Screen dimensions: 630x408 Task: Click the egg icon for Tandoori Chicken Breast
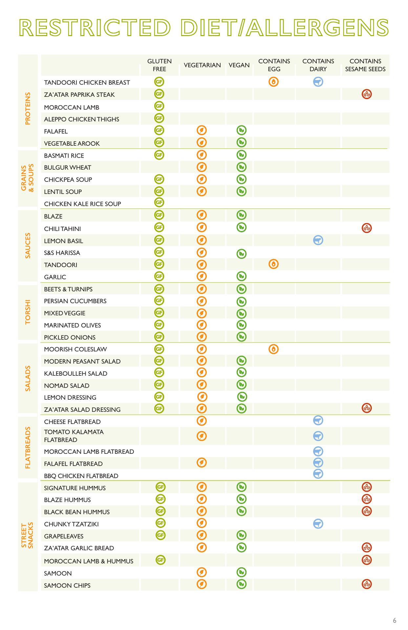tap(273, 82)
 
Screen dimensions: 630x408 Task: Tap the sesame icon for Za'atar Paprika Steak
tap(367, 94)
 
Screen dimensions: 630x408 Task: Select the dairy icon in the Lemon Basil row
tap(318, 240)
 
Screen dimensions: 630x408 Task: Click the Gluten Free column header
tap(159, 65)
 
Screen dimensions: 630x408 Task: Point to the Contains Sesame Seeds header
tap(365, 65)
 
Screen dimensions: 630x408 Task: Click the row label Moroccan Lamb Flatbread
tap(89, 451)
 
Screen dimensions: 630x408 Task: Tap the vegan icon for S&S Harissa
tap(242, 253)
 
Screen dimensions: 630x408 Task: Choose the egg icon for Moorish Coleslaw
tap(273, 349)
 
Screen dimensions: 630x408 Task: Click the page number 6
tap(395, 620)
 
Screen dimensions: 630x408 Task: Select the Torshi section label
tap(28, 312)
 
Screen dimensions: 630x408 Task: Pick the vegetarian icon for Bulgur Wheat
tap(202, 167)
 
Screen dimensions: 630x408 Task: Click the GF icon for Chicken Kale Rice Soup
tap(159, 202)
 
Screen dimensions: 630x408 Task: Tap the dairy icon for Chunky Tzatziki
tap(318, 524)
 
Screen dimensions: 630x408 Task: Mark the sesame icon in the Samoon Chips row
tap(367, 584)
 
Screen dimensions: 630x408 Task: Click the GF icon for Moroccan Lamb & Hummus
tap(161, 560)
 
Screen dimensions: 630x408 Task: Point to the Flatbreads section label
tap(28, 447)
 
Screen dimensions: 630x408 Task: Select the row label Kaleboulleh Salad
tap(75, 373)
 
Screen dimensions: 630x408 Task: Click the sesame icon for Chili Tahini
tap(367, 228)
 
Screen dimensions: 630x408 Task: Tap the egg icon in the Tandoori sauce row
tap(273, 264)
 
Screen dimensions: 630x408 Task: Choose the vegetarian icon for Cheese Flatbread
tap(202, 421)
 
